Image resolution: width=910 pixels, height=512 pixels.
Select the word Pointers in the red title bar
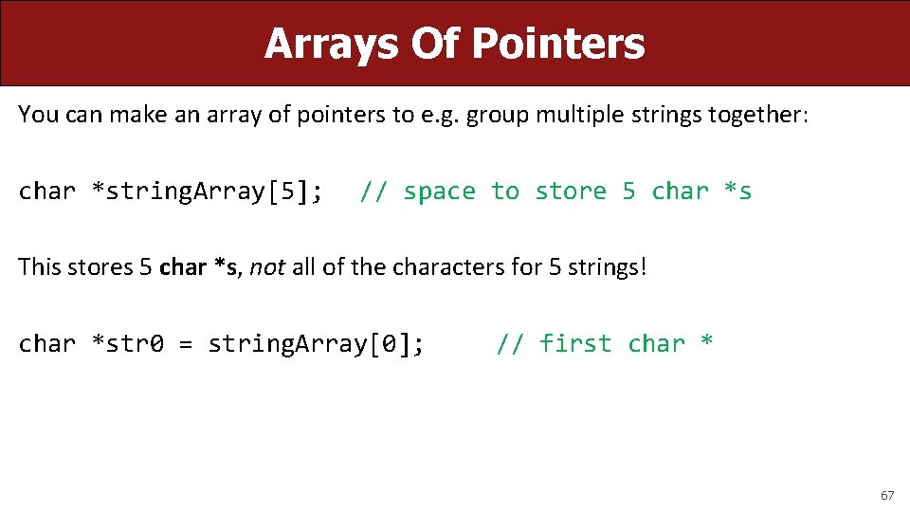point(558,44)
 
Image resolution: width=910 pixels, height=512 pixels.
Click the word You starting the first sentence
point(38,115)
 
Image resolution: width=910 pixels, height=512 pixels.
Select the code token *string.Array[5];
point(207,192)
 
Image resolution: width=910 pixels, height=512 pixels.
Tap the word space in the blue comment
point(439,192)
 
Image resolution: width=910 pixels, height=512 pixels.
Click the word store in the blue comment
point(571,192)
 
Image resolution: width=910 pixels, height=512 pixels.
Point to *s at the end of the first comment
point(737,192)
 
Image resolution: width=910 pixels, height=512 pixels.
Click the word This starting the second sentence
point(42,266)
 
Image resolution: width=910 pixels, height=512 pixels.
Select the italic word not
point(267,266)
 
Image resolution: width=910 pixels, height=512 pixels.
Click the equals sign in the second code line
point(186,343)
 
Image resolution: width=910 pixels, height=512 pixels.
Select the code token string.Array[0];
point(316,343)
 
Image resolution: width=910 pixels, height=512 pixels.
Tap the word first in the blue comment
point(574,343)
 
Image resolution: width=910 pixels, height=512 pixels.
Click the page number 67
point(887,495)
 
